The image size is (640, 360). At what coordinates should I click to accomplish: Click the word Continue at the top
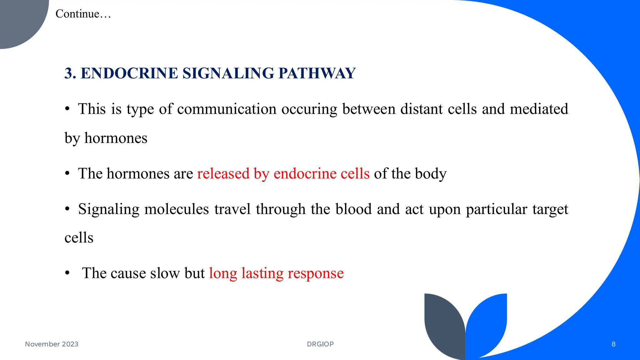point(77,14)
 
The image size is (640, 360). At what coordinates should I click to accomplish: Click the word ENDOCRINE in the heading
point(129,73)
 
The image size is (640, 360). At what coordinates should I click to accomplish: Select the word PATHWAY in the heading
point(317,73)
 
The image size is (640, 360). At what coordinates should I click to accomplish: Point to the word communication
point(227,109)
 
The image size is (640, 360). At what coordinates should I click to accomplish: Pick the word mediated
point(539,109)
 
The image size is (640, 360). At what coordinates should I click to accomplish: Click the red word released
point(223,173)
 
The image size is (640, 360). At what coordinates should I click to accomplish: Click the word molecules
point(177,209)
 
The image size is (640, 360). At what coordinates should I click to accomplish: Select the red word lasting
point(262,273)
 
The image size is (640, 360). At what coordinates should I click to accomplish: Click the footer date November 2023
point(52,344)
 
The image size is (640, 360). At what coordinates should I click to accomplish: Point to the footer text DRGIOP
point(320,344)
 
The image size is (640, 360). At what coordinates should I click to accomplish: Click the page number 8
point(613,344)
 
